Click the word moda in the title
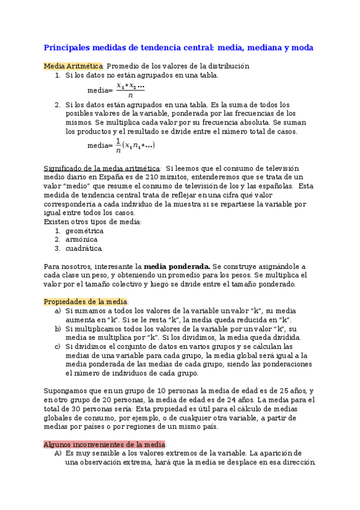tap(299, 47)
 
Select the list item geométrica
tap(84, 230)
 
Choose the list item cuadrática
tap(84, 248)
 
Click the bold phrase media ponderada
tap(177, 266)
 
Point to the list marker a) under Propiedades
tap(58, 311)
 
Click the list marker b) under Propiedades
tap(58, 329)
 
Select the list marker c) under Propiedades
tap(58, 347)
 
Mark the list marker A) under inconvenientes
tap(58, 453)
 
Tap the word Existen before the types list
tap(56, 221)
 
